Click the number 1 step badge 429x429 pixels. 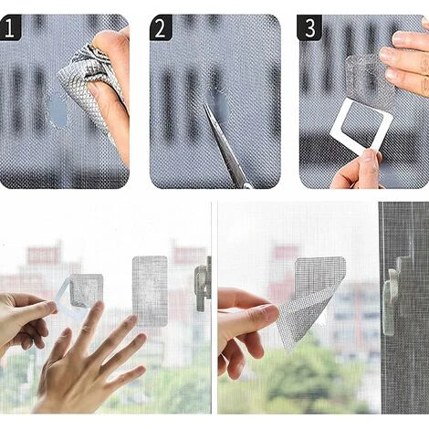(x=10, y=27)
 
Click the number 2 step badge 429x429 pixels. (x=161, y=27)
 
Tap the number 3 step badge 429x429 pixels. (x=309, y=27)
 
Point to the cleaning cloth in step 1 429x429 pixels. (x=91, y=89)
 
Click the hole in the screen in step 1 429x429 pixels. (x=58, y=110)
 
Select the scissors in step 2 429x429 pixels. (x=225, y=146)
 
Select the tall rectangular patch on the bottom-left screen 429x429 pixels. (x=150, y=291)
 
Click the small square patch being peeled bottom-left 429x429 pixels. (x=86, y=290)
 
